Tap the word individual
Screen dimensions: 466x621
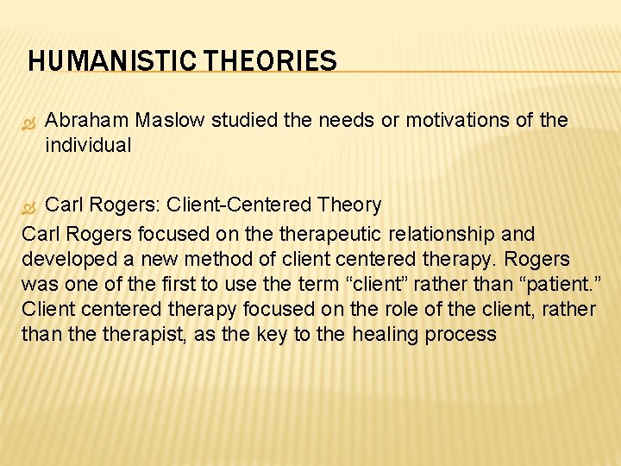coord(88,146)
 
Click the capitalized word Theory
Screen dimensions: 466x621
coord(348,205)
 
